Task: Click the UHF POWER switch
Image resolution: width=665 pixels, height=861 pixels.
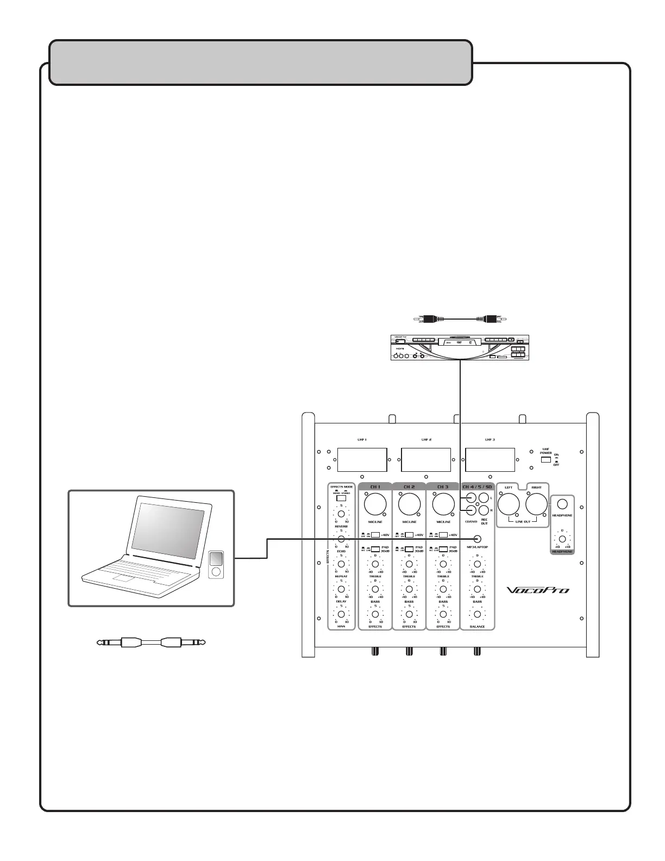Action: coord(546,460)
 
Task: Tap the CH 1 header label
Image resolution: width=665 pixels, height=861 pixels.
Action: coord(375,486)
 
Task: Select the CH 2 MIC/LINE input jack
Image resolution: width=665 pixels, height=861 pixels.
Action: coord(409,505)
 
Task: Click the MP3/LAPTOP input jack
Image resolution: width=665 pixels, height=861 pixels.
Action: coord(478,539)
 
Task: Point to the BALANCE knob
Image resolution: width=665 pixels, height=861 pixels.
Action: coord(478,614)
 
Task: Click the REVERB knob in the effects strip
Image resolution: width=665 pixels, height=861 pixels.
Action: coord(341,514)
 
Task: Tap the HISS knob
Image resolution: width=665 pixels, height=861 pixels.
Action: coord(341,614)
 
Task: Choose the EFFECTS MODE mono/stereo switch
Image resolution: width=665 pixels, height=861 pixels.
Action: coord(341,498)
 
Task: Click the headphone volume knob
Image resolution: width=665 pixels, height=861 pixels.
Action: coord(562,539)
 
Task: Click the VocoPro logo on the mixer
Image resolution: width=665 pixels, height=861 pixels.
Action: coord(538,589)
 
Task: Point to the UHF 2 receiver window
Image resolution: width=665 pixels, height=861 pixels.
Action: coord(426,460)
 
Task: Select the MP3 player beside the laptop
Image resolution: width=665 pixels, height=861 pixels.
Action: coord(216,564)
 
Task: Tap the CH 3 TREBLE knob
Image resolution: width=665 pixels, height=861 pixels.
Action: coord(443,564)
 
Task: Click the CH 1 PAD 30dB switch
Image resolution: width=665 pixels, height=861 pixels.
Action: coord(375,549)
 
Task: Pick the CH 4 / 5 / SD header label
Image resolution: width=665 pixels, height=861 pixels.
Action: coord(477,486)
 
